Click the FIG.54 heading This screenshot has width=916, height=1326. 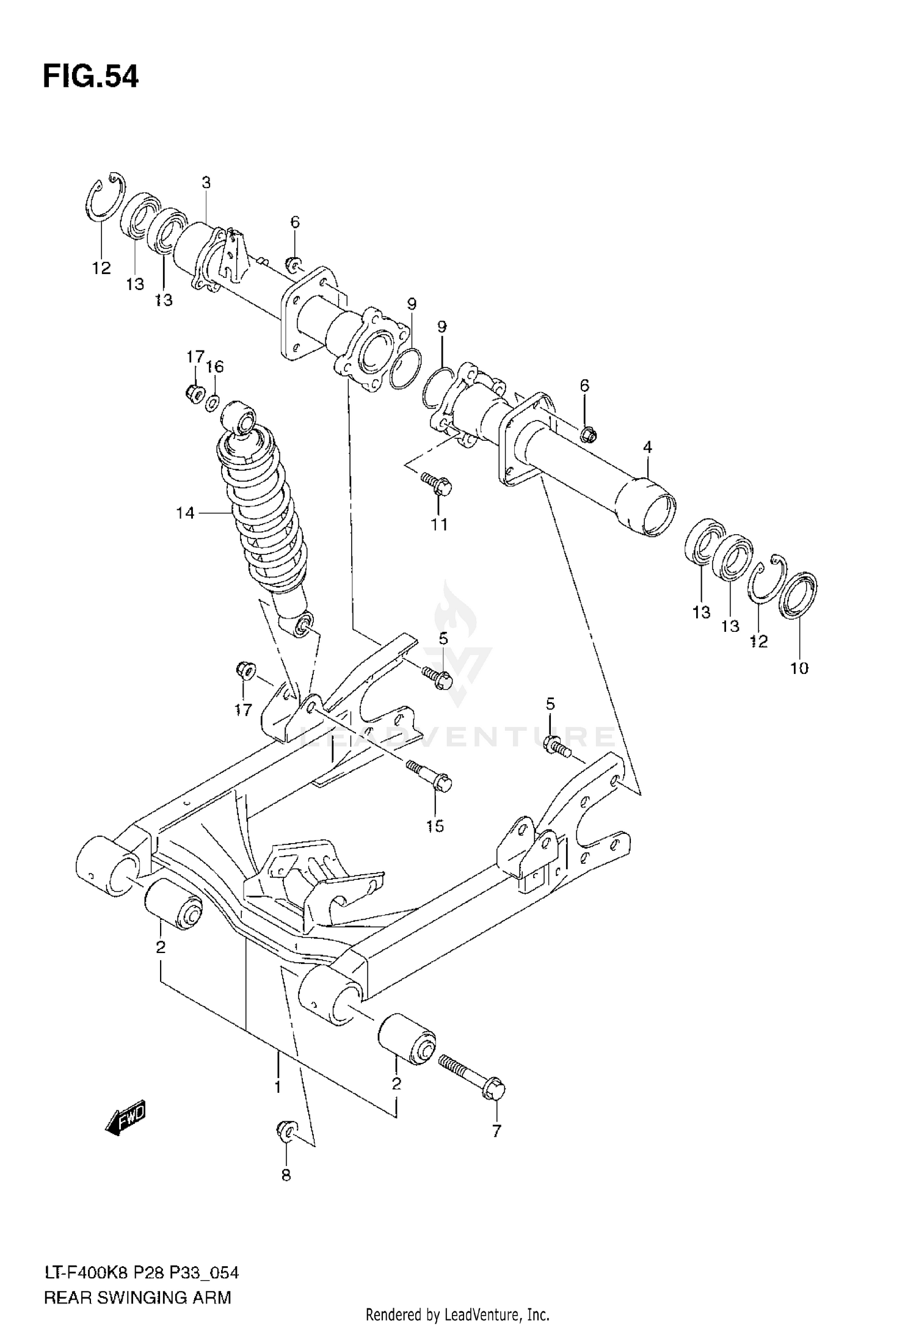(90, 78)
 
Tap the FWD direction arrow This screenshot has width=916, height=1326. (126, 1117)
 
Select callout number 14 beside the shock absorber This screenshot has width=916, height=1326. (185, 513)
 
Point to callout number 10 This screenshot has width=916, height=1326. (799, 668)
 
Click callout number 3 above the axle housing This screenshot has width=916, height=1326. (206, 183)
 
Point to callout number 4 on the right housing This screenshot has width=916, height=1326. (647, 447)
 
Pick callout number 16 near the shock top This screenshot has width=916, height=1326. (215, 366)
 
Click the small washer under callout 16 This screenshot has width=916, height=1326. (213, 403)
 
